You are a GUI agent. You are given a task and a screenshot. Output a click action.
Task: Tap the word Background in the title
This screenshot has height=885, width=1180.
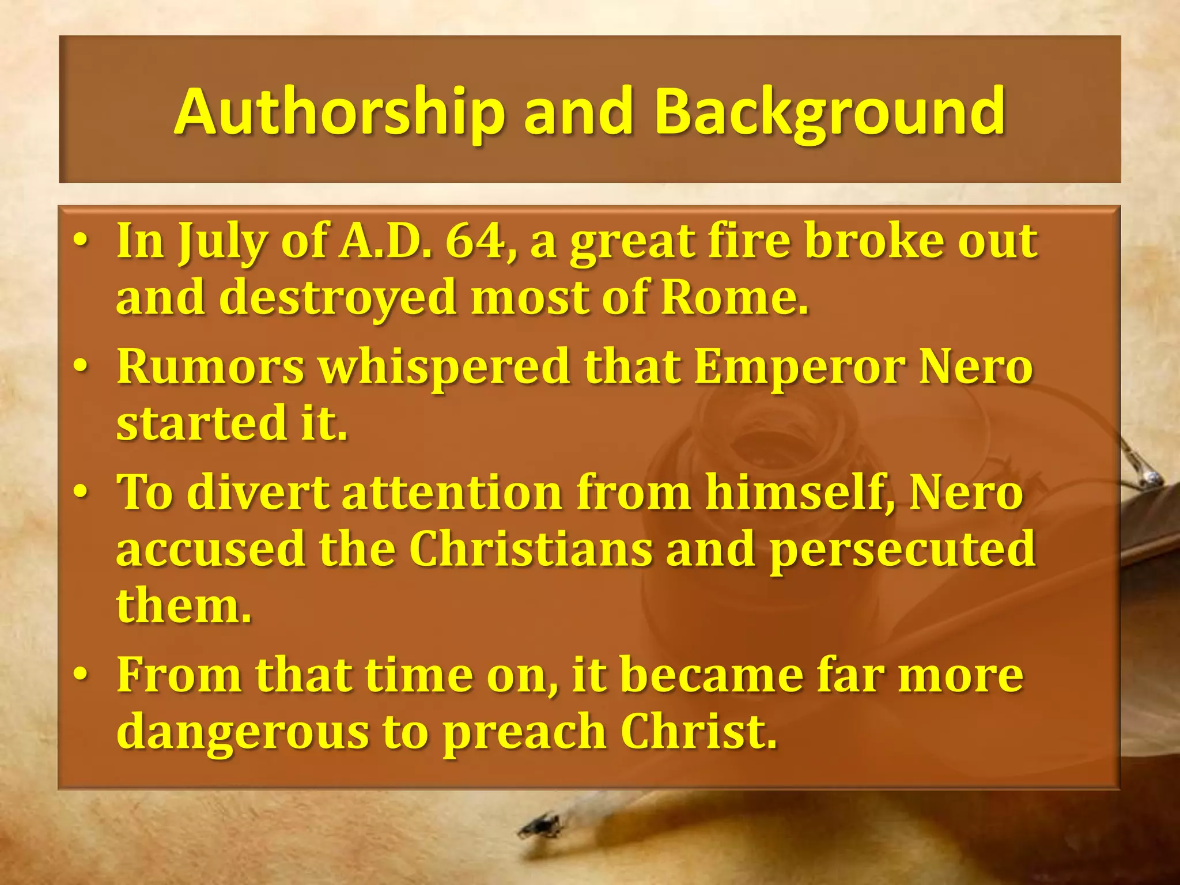coord(829,112)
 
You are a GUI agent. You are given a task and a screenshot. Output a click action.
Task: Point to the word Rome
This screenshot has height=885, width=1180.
coord(733,298)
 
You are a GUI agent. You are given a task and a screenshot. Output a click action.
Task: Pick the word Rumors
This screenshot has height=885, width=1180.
coord(210,367)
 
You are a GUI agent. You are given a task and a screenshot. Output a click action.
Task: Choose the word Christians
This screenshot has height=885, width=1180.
coord(531,549)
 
